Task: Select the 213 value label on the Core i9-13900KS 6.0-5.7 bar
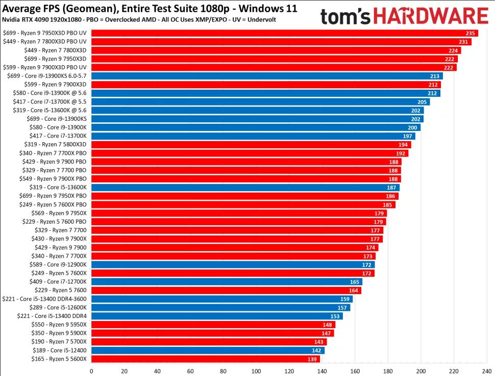tap(435, 76)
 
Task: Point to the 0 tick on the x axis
tap(91, 371)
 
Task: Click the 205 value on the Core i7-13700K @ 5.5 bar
tap(422, 102)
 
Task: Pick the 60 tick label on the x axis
tap(190, 371)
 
